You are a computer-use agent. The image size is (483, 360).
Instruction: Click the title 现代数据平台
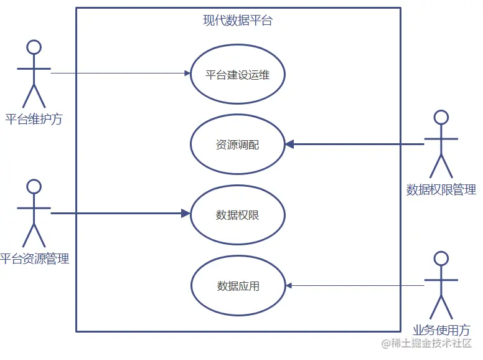coord(238,21)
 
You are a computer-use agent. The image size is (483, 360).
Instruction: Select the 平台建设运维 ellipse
coord(237,74)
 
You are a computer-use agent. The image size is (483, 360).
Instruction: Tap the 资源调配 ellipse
coord(237,145)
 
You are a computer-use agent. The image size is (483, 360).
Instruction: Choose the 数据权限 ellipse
coord(237,216)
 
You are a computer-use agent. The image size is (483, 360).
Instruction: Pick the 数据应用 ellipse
coord(238,287)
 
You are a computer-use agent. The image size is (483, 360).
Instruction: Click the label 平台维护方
coord(34,119)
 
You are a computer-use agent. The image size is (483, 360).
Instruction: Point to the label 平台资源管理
coord(34,259)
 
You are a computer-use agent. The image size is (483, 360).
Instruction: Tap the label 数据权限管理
coord(441,190)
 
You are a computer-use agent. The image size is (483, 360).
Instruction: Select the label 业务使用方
coord(441,330)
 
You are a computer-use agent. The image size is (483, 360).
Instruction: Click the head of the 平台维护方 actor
coord(34,47)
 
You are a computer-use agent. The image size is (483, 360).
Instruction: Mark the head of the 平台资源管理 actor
coord(34,186)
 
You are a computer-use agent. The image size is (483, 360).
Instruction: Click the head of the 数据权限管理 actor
coord(441,117)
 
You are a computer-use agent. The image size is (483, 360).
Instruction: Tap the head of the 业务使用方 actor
coord(441,258)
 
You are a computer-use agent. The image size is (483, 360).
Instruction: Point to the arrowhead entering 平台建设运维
coord(187,73)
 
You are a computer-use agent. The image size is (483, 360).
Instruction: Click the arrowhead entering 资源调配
coord(289,144)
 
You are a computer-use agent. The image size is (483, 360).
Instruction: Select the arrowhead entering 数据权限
coord(185,214)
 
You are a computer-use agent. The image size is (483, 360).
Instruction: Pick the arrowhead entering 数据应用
coord(289,285)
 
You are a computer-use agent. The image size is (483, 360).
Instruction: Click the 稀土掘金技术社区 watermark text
coord(431,344)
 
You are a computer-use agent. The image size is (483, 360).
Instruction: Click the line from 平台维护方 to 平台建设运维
coord(118,73)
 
